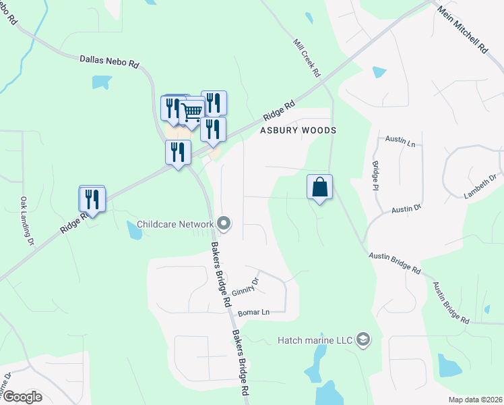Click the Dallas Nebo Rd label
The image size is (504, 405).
(109, 62)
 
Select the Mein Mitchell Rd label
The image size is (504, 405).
(462, 30)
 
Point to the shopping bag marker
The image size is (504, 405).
(319, 187)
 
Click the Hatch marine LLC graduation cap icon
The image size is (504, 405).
(364, 339)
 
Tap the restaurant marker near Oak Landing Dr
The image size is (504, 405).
(92, 200)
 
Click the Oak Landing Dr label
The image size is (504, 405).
(27, 221)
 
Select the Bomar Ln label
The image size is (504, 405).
(254, 313)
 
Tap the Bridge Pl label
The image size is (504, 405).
(375, 175)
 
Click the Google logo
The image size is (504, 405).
(22, 397)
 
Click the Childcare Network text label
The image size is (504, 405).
(175, 224)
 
